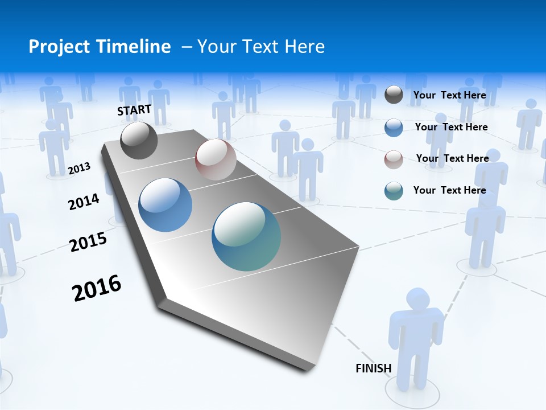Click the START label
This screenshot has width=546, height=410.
point(134,110)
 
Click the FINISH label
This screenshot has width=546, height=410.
point(373,368)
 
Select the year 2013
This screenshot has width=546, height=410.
point(80,168)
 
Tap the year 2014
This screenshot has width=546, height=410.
point(84,202)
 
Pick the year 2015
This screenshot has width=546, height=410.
point(88,241)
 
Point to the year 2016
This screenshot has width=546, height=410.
point(97,288)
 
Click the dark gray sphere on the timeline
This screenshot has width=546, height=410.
point(139,141)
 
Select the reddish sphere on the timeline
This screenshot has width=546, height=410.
point(216,159)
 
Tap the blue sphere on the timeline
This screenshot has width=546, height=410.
point(166,205)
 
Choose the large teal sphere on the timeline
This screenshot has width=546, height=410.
point(246,236)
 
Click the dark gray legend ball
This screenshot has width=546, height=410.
point(394,95)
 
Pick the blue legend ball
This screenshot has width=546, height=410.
point(394,127)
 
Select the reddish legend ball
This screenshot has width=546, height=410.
point(394,159)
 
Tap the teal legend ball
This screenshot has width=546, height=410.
point(394,191)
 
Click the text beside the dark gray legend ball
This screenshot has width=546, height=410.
point(449,95)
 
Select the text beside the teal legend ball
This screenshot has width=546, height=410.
point(449,190)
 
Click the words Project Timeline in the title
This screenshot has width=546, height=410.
point(100,47)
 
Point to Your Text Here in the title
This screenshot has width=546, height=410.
point(260,47)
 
